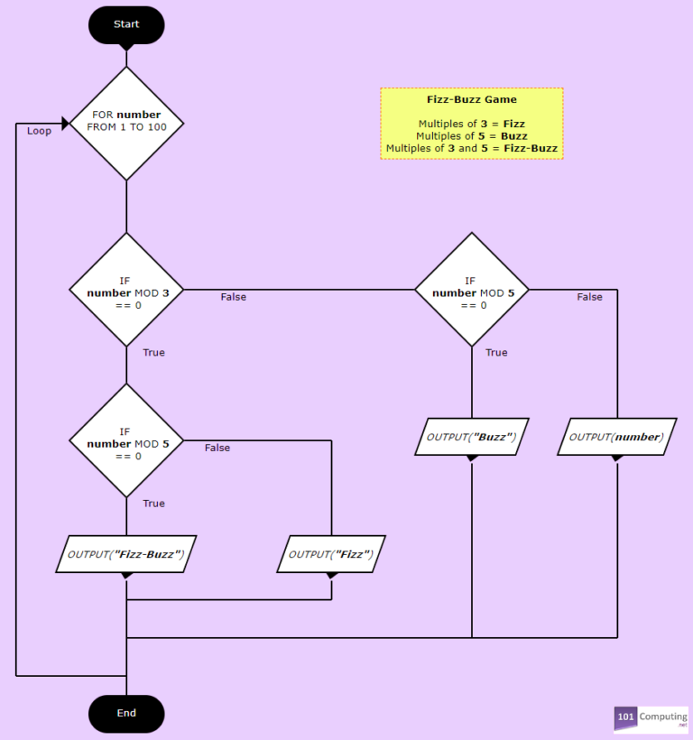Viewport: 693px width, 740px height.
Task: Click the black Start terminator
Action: click(x=126, y=24)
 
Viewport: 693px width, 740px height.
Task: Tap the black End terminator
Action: click(x=126, y=713)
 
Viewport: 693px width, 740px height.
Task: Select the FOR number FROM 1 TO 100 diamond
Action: click(x=126, y=121)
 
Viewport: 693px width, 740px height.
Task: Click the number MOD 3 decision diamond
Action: click(x=126, y=291)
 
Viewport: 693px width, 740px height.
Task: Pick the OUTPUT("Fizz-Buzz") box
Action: click(x=126, y=553)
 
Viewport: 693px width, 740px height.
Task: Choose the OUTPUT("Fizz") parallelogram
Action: click(x=331, y=553)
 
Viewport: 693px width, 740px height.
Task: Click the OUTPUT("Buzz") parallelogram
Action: click(x=471, y=437)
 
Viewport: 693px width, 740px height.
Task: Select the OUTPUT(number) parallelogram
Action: click(x=617, y=437)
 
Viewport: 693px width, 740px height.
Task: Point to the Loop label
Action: click(x=39, y=131)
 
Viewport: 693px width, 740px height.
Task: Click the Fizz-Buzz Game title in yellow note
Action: click(x=471, y=100)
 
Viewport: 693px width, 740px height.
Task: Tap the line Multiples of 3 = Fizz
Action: click(x=471, y=123)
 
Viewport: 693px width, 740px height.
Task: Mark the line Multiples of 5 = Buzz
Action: click(x=471, y=135)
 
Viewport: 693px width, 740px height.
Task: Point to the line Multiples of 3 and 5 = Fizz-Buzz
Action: click(x=471, y=148)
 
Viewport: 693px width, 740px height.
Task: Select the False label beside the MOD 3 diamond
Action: click(x=233, y=297)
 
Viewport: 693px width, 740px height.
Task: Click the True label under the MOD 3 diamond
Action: click(x=153, y=353)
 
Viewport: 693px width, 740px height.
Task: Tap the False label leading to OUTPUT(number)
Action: click(x=589, y=297)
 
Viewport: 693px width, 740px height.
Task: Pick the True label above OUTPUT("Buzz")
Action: click(x=496, y=353)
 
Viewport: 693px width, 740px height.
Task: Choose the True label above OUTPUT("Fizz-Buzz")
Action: click(x=153, y=504)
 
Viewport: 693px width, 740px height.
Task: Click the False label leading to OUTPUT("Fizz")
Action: click(x=217, y=448)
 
